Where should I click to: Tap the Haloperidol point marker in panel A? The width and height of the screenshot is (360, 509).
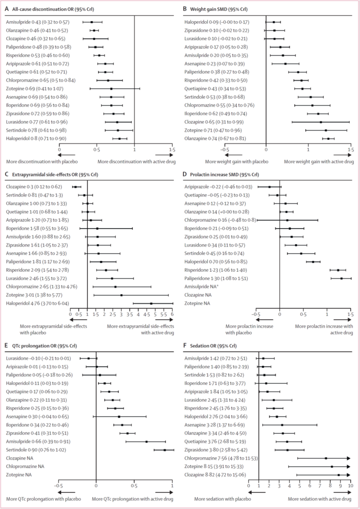pyautogui.click(x=120, y=139)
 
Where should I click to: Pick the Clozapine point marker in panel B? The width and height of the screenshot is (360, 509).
pyautogui.click(x=321, y=122)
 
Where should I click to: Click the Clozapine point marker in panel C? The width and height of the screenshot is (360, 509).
pyautogui.click(x=75, y=187)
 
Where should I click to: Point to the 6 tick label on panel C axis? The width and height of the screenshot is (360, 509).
pyautogui.click(x=173, y=315)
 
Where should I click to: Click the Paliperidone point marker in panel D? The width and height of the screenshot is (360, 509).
pyautogui.click(x=341, y=278)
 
